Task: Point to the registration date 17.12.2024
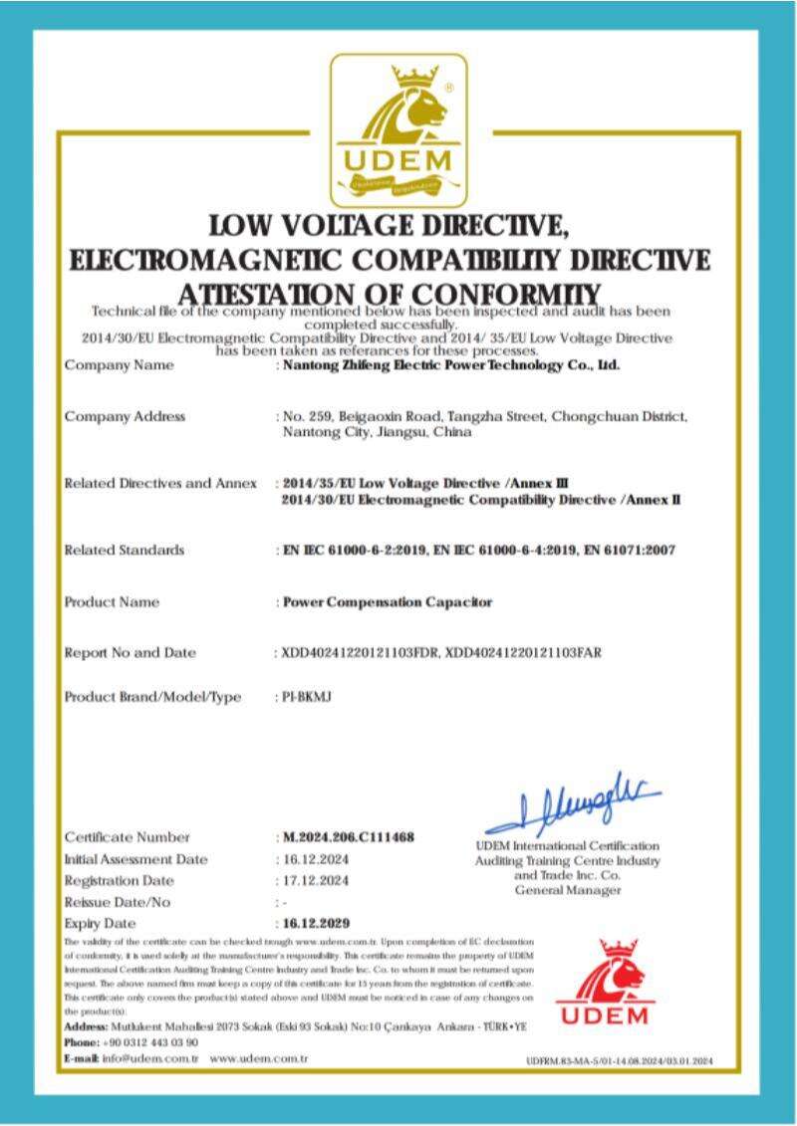(313, 880)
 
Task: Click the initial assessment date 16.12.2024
(313, 858)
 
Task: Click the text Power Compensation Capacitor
(388, 602)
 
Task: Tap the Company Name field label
(119, 365)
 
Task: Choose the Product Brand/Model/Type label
(152, 697)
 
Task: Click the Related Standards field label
(124, 550)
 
